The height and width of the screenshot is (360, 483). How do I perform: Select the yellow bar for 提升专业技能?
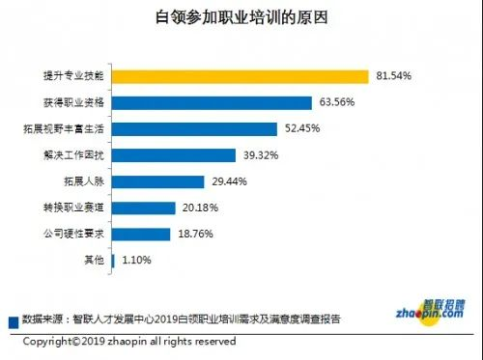(x=241, y=75)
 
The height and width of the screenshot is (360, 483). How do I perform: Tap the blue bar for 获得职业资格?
(x=212, y=102)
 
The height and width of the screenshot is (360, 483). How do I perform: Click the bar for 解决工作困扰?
(x=174, y=154)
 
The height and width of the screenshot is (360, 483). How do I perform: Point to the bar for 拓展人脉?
(x=157, y=180)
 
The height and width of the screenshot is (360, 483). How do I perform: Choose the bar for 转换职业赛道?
(x=143, y=207)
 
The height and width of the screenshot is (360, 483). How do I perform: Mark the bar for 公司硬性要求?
(x=141, y=233)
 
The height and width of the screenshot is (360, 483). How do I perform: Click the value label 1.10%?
(x=135, y=260)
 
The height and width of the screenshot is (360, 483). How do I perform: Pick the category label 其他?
(x=94, y=260)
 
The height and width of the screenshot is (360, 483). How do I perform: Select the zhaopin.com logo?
(x=431, y=308)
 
